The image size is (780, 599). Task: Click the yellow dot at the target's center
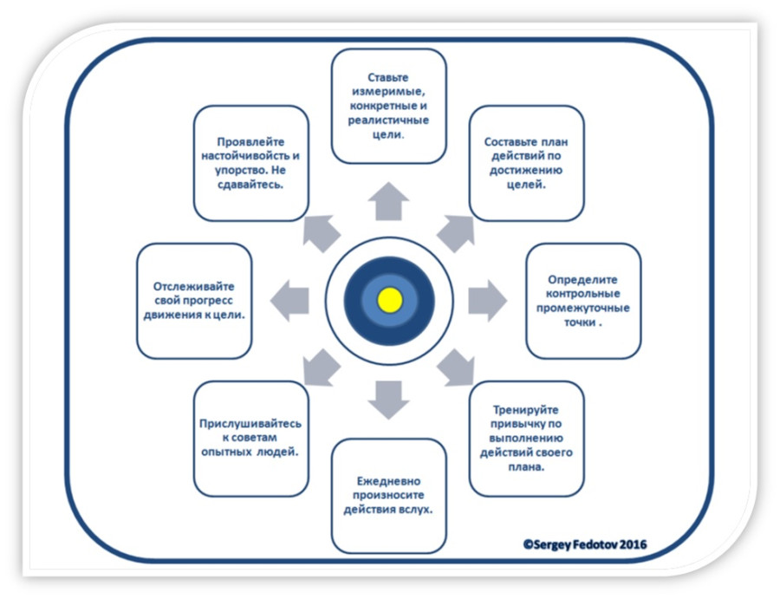coord(390,300)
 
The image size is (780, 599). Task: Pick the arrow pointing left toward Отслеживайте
coord(289,301)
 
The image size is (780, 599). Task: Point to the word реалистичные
coord(389,120)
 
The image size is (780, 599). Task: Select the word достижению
coord(526,170)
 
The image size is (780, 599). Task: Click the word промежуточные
coord(583,308)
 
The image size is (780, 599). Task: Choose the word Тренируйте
coord(526,409)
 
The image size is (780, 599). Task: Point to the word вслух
coord(415,508)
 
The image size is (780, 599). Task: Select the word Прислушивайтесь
coord(250,423)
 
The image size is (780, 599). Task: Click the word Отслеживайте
coord(194,286)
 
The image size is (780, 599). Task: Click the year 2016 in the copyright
coord(629,544)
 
